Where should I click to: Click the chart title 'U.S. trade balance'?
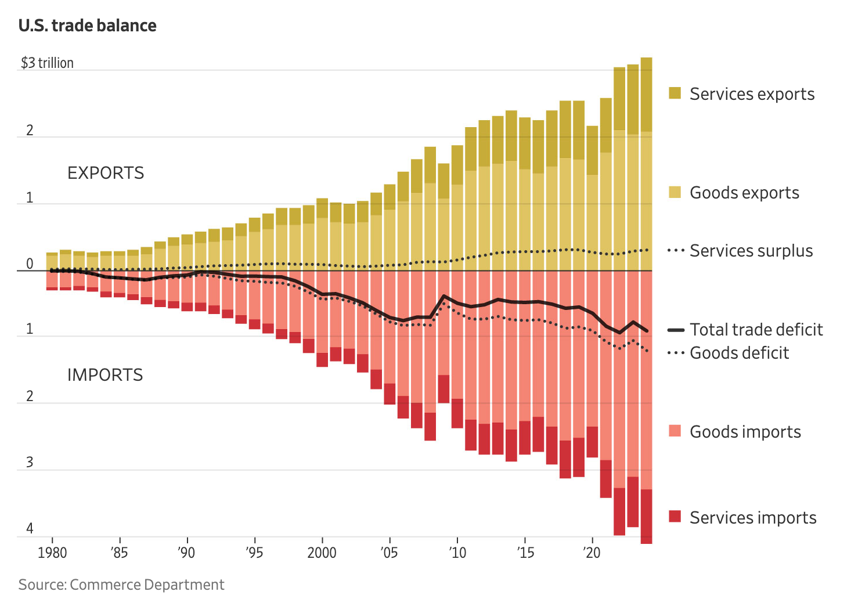tap(87, 26)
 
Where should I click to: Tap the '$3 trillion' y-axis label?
tap(47, 63)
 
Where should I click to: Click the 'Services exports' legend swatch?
tap(675, 93)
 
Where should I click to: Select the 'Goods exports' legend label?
tap(744, 193)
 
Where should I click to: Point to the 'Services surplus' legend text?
tap(751, 251)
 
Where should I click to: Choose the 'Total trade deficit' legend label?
tap(756, 330)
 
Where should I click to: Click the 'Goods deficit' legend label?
tap(739, 353)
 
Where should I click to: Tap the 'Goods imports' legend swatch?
tap(675, 431)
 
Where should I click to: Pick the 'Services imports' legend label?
tap(753, 518)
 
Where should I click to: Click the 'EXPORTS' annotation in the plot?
tap(106, 173)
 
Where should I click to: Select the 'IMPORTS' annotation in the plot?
tap(105, 375)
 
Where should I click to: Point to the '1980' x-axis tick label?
tap(52, 553)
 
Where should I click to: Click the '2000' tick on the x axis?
tap(322, 553)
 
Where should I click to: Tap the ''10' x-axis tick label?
tap(457, 553)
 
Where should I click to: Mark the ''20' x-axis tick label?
tap(592, 553)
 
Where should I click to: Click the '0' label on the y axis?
tap(30, 264)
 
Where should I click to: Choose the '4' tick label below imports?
tap(30, 528)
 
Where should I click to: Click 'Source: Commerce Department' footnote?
tap(121, 585)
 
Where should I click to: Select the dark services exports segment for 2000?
tap(322, 208)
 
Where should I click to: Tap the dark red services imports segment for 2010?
tap(457, 413)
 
